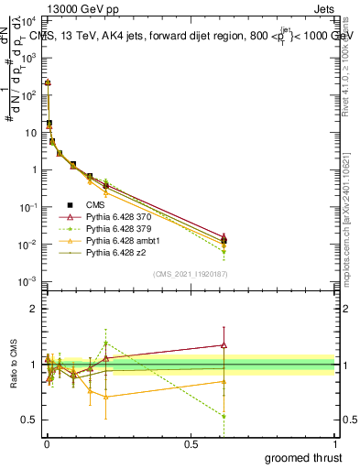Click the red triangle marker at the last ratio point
click(224, 345)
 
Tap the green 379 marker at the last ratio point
click(224, 416)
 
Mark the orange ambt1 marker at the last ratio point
click(224, 381)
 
